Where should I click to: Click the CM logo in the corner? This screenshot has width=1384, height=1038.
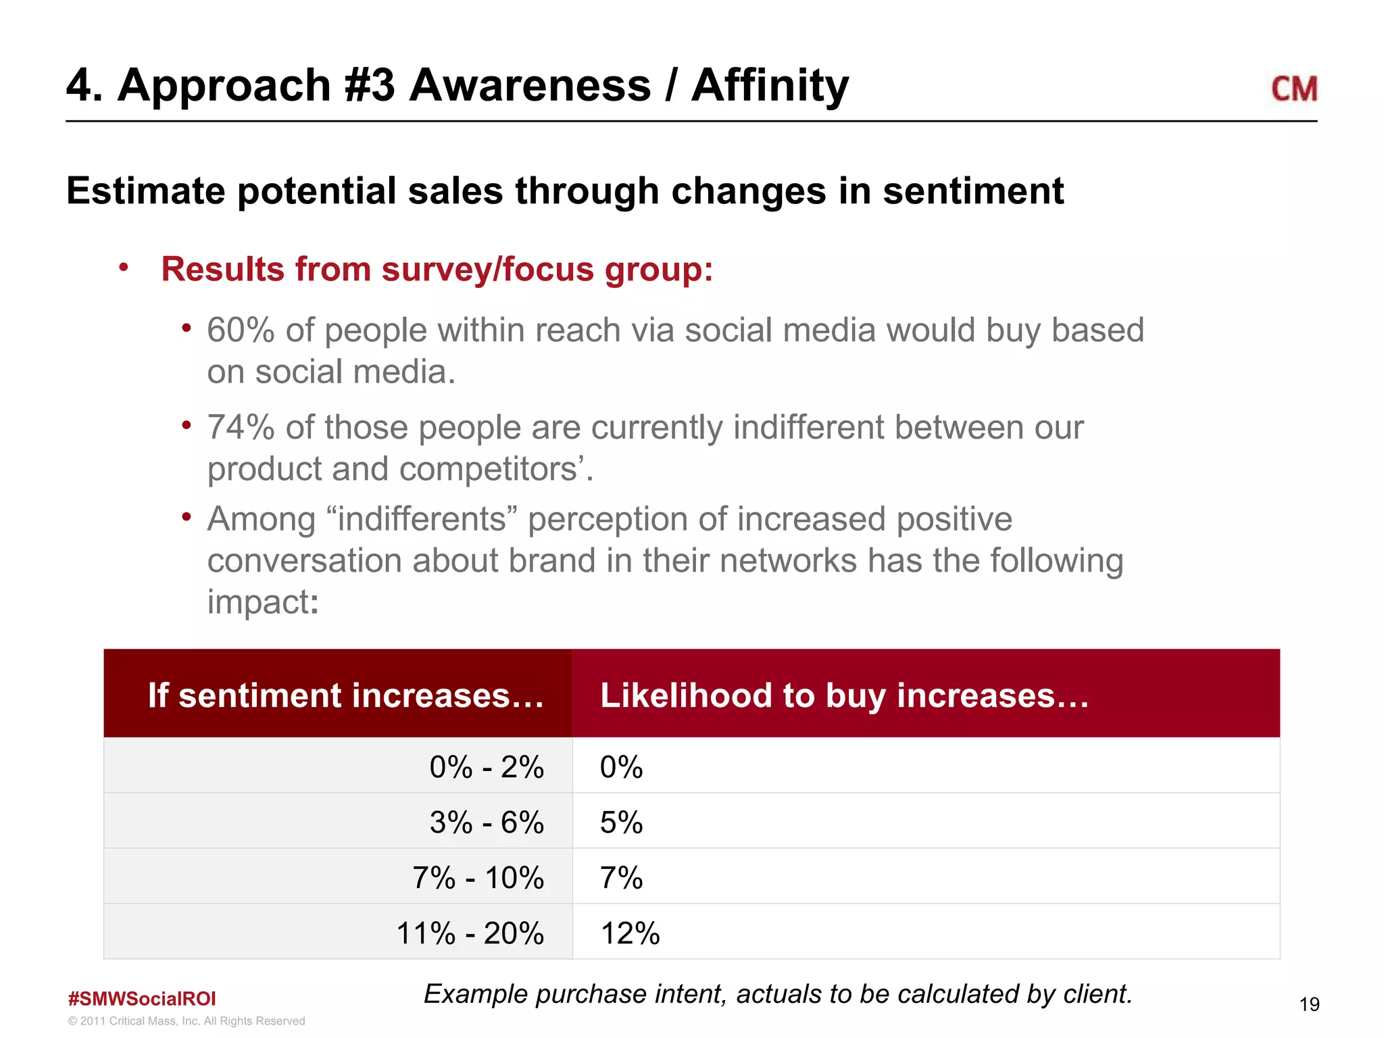tap(1293, 89)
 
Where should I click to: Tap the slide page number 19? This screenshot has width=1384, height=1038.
tap(1309, 1004)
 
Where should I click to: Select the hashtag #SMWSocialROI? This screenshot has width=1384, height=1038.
tap(142, 998)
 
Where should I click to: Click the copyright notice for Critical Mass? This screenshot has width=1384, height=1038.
tap(187, 1021)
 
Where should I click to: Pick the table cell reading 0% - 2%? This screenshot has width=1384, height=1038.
tap(486, 767)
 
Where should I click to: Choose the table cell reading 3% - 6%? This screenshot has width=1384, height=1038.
tap(486, 822)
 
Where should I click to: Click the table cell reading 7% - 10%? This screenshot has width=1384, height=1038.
tap(478, 878)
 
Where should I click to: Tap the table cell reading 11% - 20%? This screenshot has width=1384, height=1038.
tap(470, 933)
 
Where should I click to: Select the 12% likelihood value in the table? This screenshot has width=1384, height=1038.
tap(629, 933)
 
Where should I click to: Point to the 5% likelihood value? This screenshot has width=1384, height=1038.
tap(620, 822)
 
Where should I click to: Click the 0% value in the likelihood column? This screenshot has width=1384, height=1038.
tap(620, 767)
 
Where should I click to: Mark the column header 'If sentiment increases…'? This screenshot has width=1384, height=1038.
tap(345, 695)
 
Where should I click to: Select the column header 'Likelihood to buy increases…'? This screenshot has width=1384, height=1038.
tap(844, 695)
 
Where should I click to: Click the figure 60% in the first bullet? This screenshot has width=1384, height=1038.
tap(240, 330)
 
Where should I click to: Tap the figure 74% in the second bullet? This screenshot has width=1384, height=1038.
tap(240, 428)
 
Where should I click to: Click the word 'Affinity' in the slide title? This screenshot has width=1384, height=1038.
tap(770, 86)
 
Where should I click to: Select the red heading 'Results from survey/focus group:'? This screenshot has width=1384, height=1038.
tap(437, 269)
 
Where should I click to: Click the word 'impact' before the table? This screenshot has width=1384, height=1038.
tap(258, 601)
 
